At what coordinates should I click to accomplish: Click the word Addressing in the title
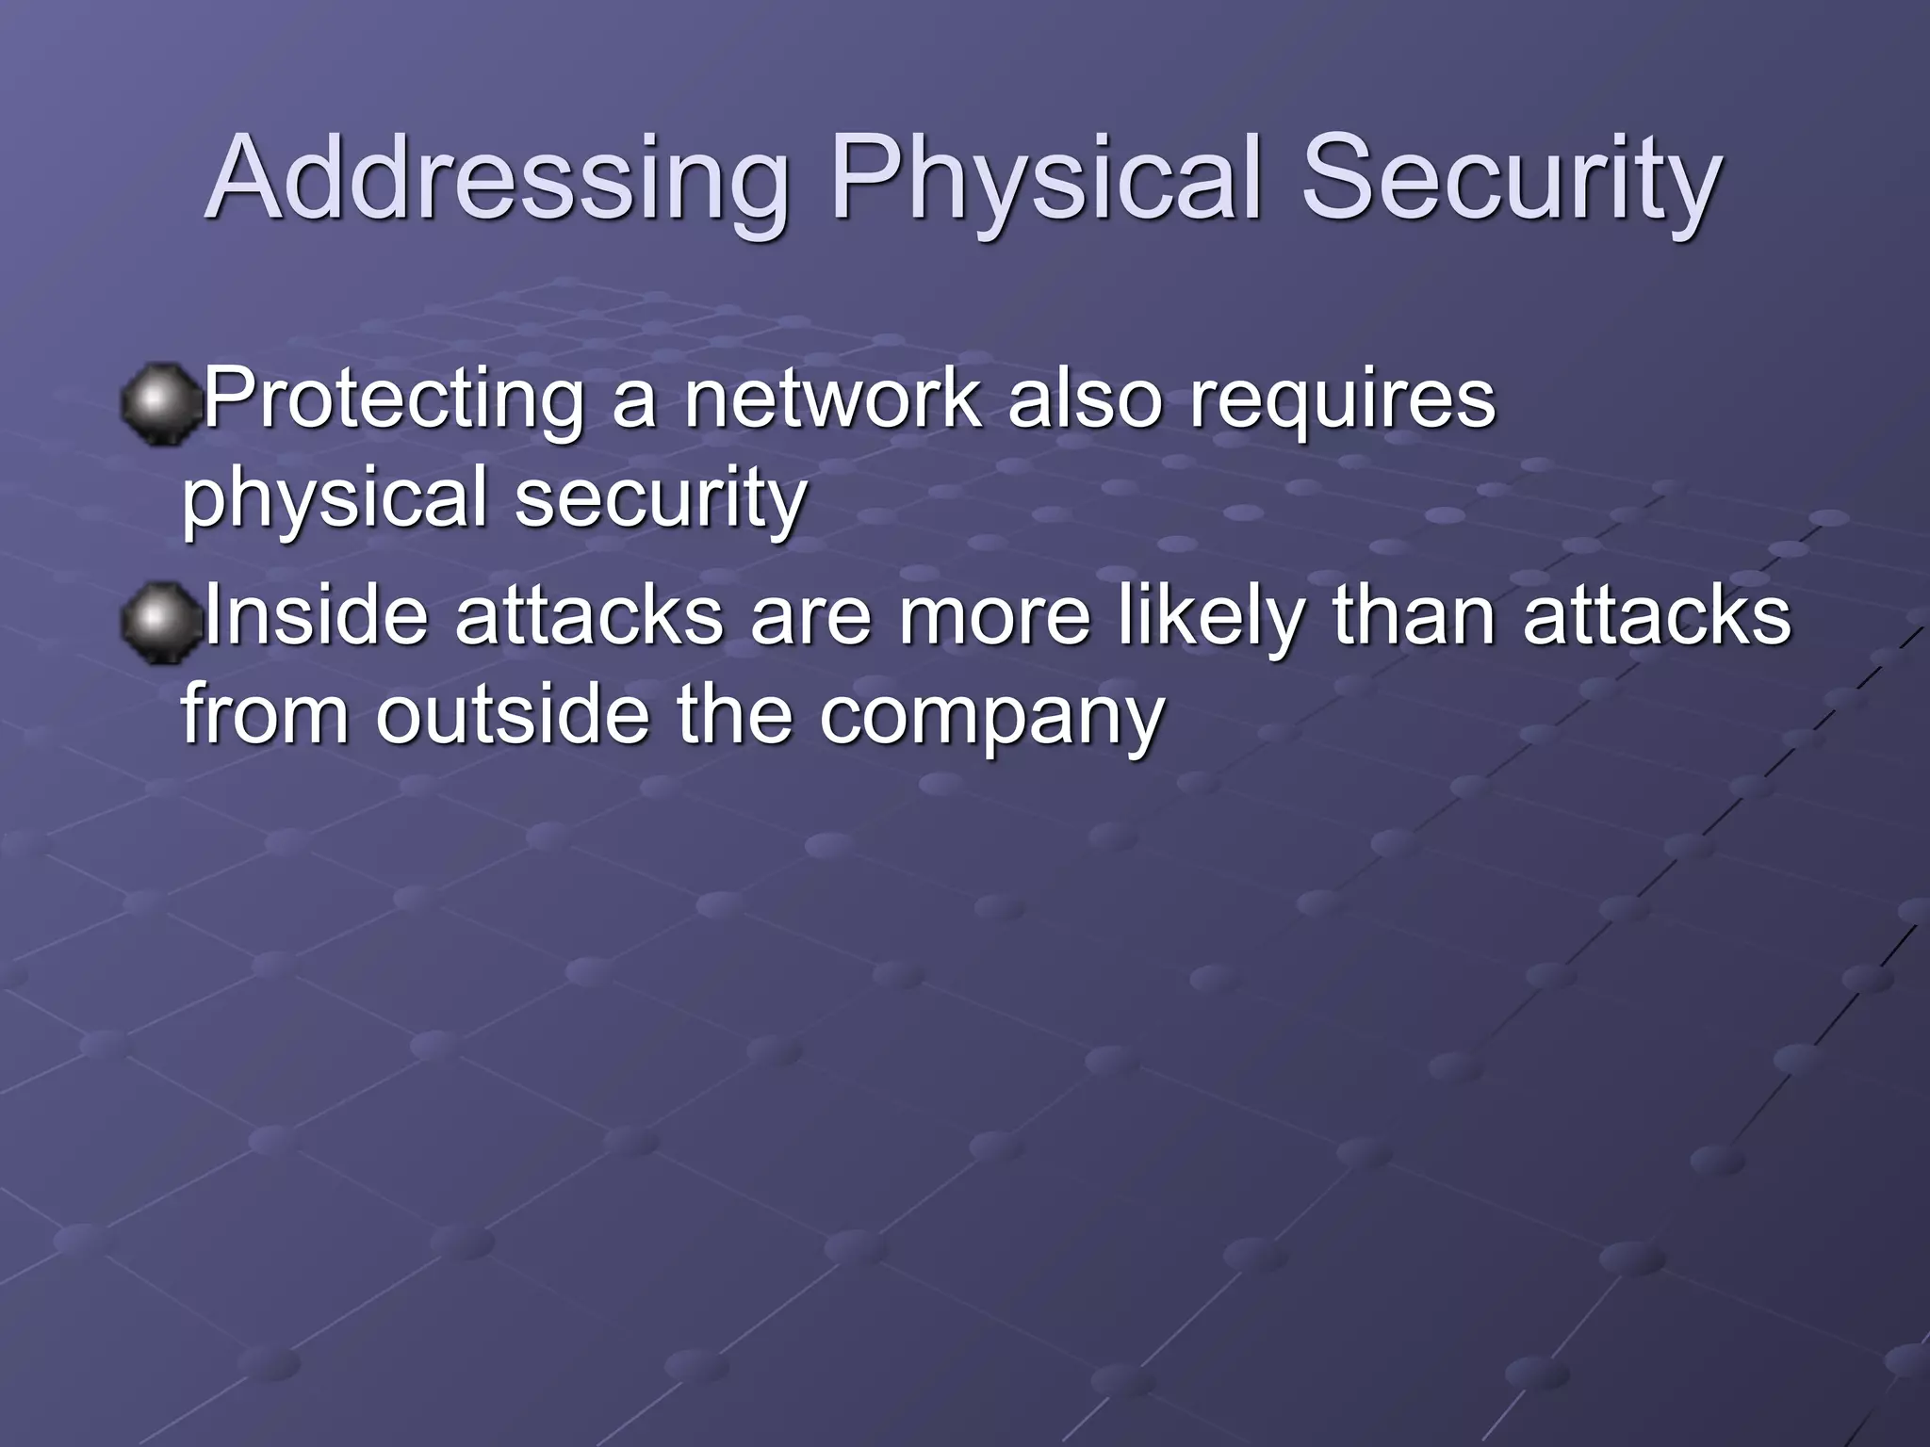(x=496, y=179)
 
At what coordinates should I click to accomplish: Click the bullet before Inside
(x=160, y=623)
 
